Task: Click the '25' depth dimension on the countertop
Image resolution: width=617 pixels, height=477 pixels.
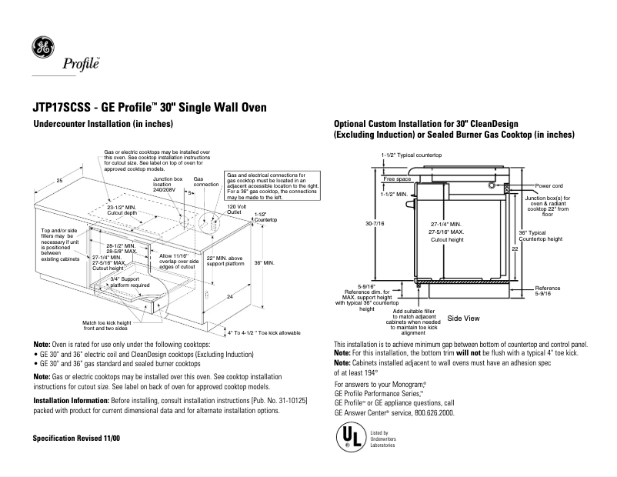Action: pyautogui.click(x=59, y=180)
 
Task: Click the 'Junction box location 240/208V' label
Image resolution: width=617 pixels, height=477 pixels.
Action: pyautogui.click(x=167, y=185)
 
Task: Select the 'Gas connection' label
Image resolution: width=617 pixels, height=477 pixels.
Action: pyautogui.click(x=205, y=183)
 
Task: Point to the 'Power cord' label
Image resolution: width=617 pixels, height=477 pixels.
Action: pyautogui.click(x=549, y=186)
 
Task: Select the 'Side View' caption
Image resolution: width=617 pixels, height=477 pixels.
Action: pyautogui.click(x=463, y=318)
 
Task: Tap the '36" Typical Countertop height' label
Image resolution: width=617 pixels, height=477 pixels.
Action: pyautogui.click(x=543, y=235)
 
